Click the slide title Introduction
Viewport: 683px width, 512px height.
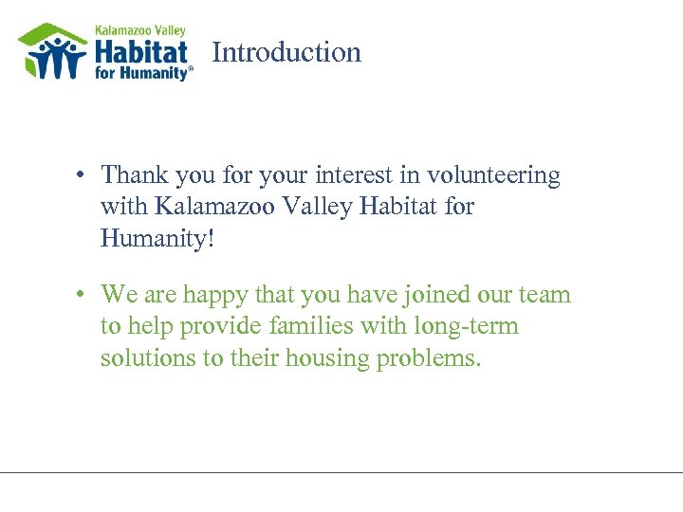click(x=286, y=52)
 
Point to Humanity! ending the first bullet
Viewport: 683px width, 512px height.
click(x=157, y=237)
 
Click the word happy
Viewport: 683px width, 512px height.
click(x=215, y=296)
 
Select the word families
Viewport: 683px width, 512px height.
click(x=307, y=327)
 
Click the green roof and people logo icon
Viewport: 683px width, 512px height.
click(x=53, y=53)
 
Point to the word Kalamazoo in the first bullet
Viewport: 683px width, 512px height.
click(x=210, y=207)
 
